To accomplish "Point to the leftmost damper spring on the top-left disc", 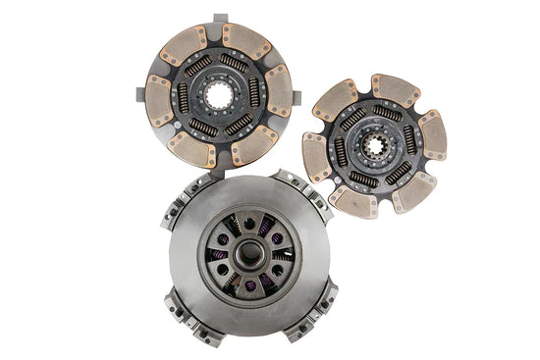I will [x=182, y=97].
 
